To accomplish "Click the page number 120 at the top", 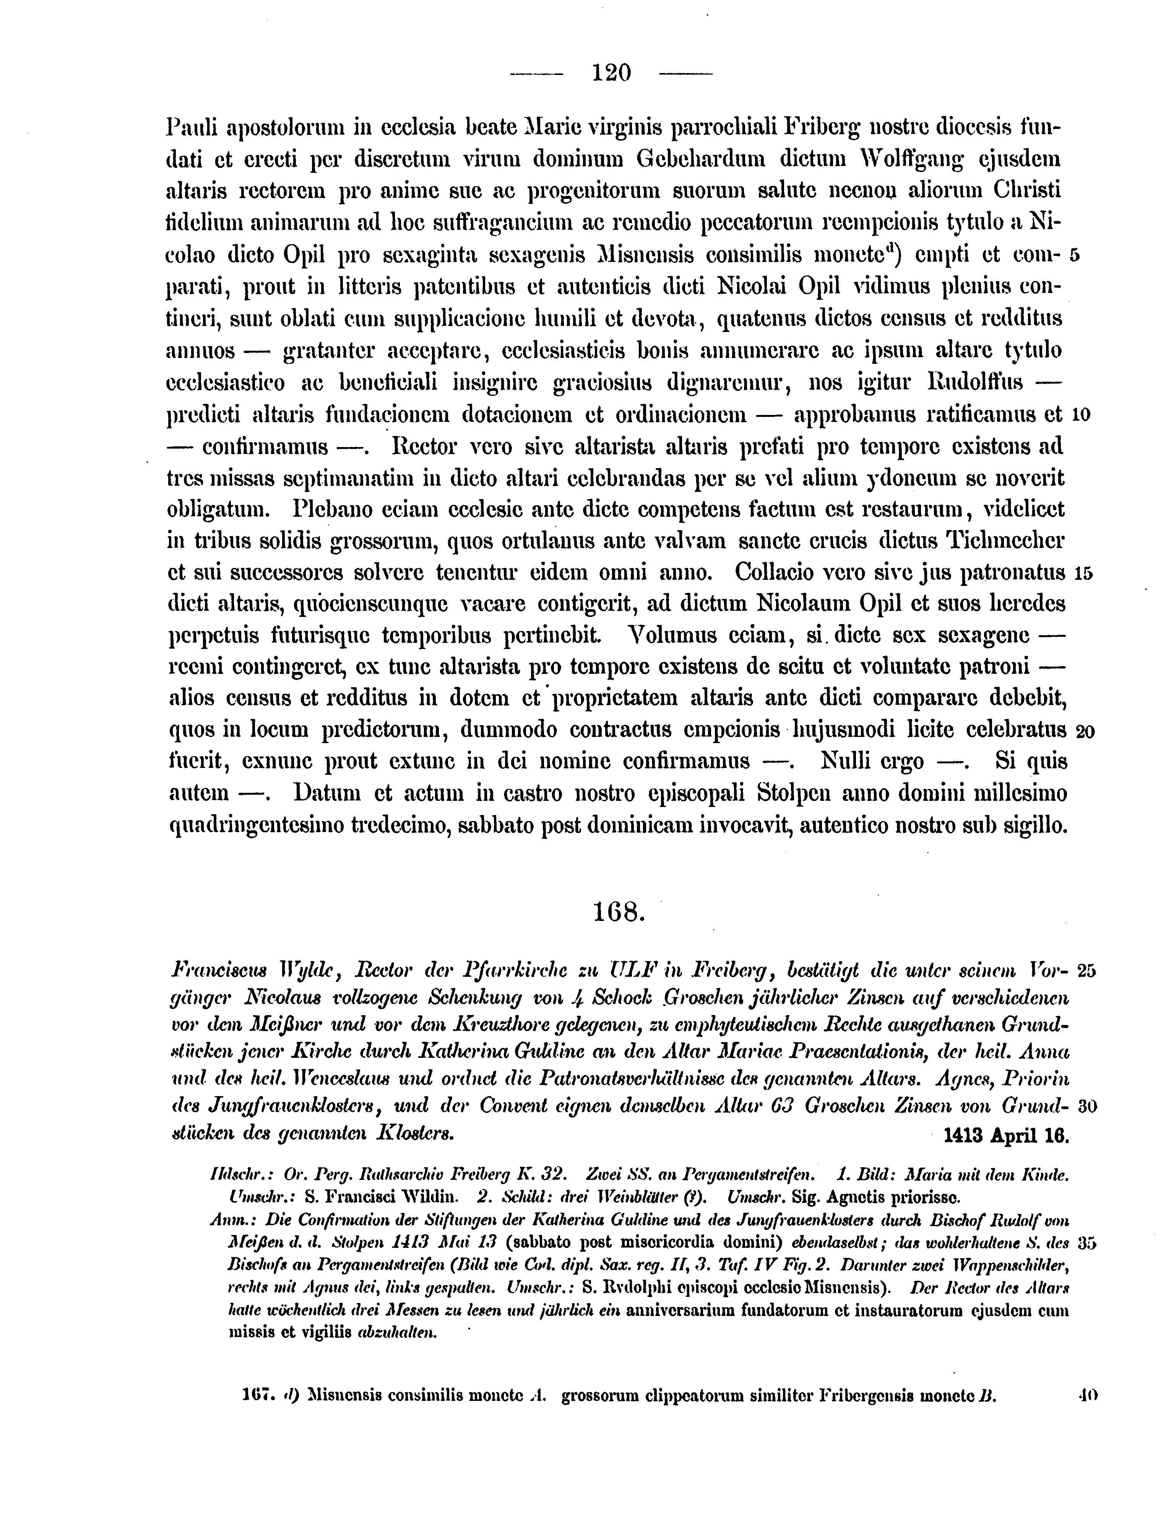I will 611,72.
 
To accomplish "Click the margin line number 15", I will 1083,574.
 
